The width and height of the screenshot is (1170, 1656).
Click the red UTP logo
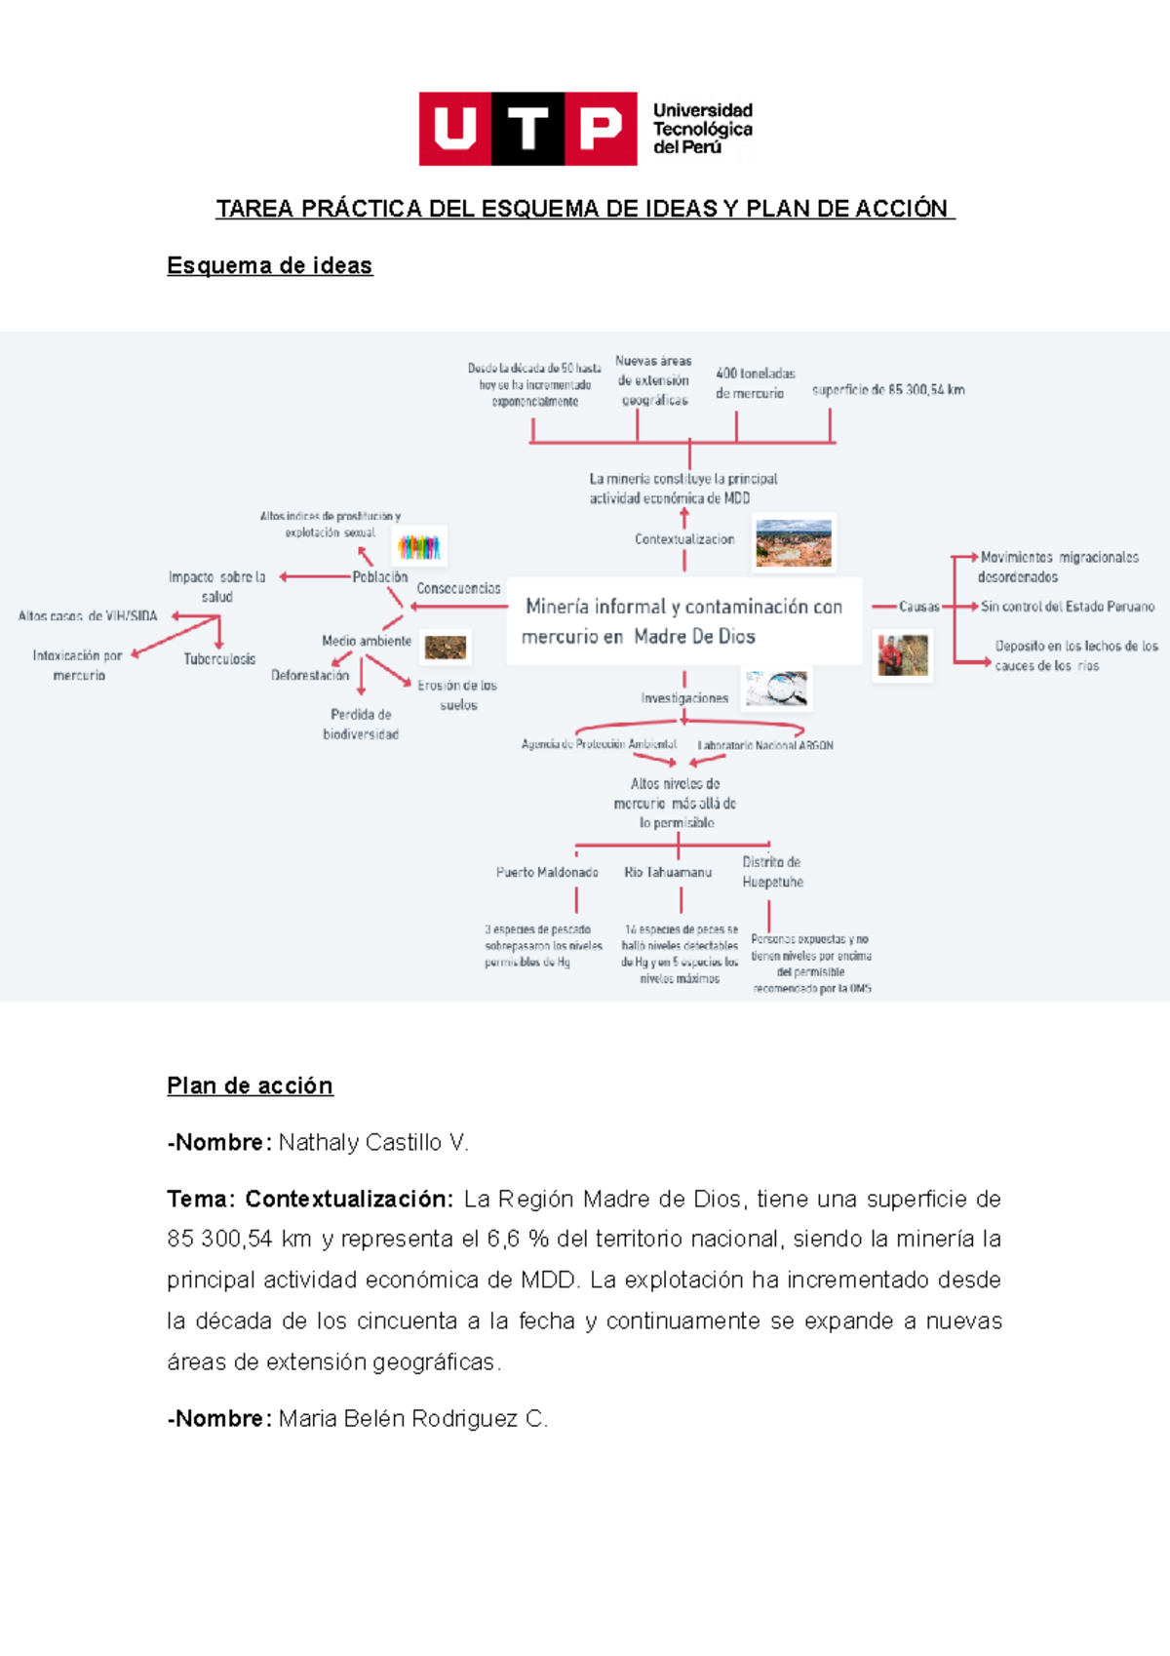click(x=527, y=129)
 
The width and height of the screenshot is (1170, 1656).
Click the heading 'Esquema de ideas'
click(x=269, y=265)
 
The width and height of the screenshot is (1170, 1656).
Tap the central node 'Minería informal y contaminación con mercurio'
click(x=682, y=621)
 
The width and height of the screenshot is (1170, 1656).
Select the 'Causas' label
click(x=918, y=607)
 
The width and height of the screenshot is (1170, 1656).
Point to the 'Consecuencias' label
click(x=458, y=588)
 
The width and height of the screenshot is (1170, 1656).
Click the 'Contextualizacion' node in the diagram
click(x=684, y=539)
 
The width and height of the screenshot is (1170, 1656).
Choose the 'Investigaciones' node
click(x=684, y=698)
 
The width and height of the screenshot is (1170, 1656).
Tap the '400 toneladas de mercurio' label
click(x=755, y=383)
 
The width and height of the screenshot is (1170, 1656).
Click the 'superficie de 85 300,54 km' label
click(x=888, y=390)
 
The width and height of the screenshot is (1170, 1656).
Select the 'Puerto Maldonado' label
click(x=547, y=872)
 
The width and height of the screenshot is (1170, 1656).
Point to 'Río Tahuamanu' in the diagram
click(x=668, y=872)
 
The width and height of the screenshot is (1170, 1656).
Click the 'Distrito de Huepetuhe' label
click(x=772, y=872)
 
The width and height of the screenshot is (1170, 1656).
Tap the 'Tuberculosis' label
click(x=219, y=659)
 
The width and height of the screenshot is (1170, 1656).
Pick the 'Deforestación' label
click(x=310, y=675)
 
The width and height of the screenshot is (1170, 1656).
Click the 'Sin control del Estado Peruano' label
click(x=1067, y=607)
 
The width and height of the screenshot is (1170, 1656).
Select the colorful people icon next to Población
click(x=419, y=547)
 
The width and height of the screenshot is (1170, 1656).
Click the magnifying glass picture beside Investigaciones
click(x=777, y=689)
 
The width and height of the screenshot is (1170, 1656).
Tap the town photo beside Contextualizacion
click(x=794, y=543)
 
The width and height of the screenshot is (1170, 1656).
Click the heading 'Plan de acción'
click(x=250, y=1085)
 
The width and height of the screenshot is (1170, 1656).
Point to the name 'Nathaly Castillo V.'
click(x=373, y=1142)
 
